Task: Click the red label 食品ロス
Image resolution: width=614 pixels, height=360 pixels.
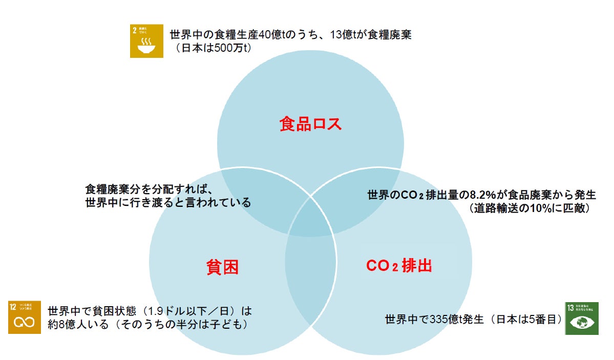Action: pyautogui.click(x=310, y=124)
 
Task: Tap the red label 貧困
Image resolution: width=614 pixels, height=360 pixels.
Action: pyautogui.click(x=223, y=266)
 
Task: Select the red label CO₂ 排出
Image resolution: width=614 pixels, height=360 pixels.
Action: pyautogui.click(x=399, y=266)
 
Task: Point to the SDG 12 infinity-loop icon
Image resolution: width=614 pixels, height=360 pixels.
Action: pyautogui.click(x=24, y=317)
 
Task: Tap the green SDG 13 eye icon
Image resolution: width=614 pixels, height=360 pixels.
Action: pyautogui.click(x=581, y=318)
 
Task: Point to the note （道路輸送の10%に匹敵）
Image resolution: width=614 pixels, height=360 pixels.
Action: pyautogui.click(x=528, y=208)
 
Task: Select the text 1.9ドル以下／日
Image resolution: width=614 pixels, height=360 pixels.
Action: pyautogui.click(x=189, y=311)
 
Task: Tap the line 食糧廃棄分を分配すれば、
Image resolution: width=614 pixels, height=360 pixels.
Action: pyautogui.click(x=149, y=188)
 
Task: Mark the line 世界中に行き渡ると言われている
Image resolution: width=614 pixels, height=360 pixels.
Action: pyautogui.click(x=167, y=202)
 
